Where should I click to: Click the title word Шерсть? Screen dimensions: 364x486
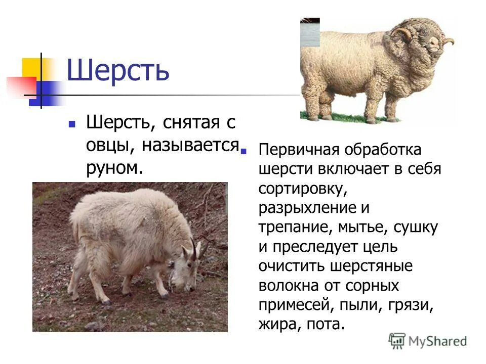118,71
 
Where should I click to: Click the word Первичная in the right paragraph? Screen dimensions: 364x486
298,150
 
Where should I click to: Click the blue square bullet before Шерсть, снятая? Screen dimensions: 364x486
72,123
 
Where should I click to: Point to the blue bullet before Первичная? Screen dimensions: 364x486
244,150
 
